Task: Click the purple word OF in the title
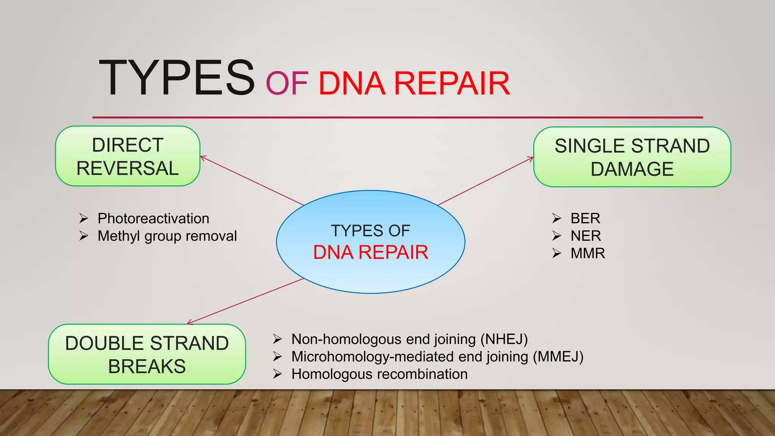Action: (287, 84)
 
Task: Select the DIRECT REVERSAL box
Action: (128, 156)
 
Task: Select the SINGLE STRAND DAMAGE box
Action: (632, 157)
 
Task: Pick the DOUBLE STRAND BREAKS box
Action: (147, 354)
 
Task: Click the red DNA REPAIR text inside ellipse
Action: (370, 252)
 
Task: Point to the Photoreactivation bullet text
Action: (153, 218)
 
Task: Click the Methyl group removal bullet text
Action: (167, 236)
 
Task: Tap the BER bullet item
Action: (585, 218)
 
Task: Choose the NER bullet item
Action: (585, 236)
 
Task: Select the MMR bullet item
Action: (587, 253)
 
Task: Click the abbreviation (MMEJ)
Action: (558, 357)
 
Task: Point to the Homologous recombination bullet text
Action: (379, 374)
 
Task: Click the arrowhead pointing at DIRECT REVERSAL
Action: (202, 157)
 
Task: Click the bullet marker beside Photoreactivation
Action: (84, 218)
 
